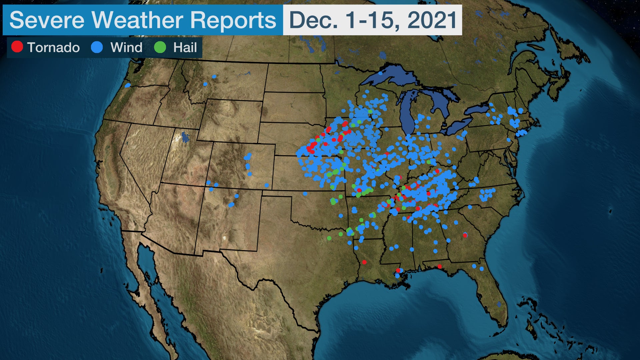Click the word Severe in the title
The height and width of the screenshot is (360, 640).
click(47, 20)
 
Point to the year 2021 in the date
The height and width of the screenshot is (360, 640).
click(432, 20)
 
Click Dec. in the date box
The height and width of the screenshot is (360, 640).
click(313, 20)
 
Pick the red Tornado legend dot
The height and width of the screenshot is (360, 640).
click(17, 47)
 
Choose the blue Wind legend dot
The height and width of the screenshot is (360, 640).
click(97, 47)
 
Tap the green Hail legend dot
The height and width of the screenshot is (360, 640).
click(160, 47)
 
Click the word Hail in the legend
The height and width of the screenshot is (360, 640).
click(185, 47)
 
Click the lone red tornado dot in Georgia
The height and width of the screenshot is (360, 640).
click(465, 235)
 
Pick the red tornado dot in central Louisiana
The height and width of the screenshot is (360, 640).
click(364, 262)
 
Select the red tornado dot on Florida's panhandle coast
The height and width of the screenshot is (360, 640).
click(440, 266)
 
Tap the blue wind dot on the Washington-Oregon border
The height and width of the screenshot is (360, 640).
click(127, 85)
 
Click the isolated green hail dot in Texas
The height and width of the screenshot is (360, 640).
click(329, 238)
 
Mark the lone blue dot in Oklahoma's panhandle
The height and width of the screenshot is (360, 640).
click(305, 193)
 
